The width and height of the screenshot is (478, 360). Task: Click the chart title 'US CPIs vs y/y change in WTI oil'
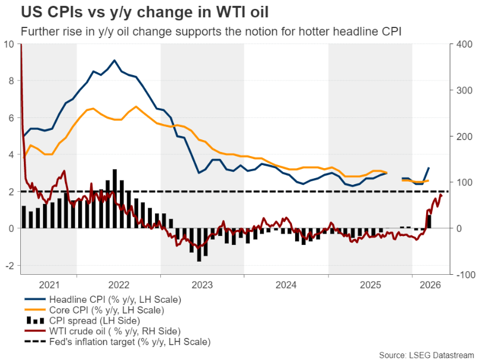pos(145,12)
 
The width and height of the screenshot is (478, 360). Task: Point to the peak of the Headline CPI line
pos(114,60)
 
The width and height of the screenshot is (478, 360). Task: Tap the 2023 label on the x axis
pos(202,285)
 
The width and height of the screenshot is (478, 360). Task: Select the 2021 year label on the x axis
pos(49,285)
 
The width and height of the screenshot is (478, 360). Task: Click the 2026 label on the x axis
pos(430,285)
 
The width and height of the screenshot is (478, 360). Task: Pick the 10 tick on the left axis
pos(9,44)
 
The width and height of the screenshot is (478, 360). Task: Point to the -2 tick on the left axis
pos(10,265)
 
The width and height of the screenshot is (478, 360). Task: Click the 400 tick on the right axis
pos(464,44)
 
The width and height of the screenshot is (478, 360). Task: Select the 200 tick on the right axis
pos(464,136)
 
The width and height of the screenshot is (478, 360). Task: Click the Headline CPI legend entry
pos(103,300)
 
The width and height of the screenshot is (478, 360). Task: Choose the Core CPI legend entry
pos(94,311)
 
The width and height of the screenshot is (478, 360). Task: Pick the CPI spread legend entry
pos(82,321)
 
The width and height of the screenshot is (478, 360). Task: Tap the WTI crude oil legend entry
pos(103,331)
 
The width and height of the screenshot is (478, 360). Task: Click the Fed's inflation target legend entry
pos(117,342)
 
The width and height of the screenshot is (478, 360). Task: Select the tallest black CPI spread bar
pos(114,198)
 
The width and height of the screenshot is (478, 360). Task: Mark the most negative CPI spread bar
pos(199,245)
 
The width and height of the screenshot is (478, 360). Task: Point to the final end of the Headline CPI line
pos(429,167)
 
